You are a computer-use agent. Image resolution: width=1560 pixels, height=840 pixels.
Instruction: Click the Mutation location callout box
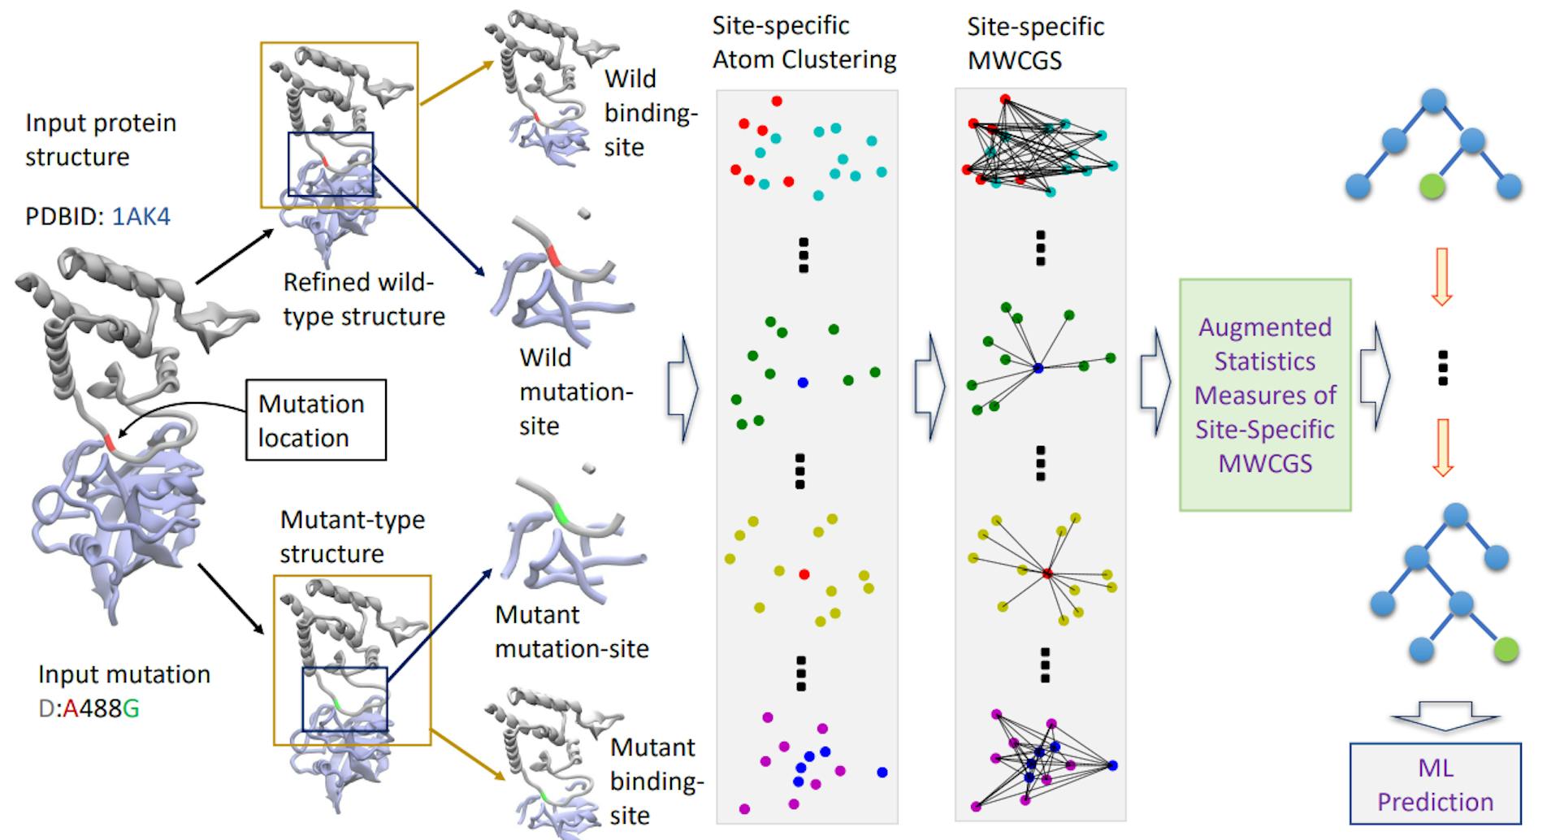coord(315,420)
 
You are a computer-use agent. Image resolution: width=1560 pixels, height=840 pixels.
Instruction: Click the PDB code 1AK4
coord(141,216)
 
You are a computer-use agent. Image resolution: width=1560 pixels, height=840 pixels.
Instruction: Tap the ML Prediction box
coord(1435,784)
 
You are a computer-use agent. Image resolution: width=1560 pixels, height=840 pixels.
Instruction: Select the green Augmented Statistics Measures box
coord(1264,395)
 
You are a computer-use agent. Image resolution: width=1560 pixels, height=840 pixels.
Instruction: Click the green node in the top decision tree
coord(1433,187)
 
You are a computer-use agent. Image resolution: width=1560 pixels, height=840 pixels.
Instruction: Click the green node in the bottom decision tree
coord(1506,649)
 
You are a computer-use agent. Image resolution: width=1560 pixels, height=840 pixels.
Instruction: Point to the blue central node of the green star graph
coord(1038,368)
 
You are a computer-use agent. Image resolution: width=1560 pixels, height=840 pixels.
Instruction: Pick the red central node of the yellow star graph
coord(1047,574)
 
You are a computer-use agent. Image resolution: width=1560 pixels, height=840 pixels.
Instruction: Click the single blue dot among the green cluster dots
coord(803,382)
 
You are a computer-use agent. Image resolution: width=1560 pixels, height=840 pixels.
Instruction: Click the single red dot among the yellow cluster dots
coord(804,574)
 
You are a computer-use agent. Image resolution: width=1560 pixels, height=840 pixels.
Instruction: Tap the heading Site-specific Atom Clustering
coord(804,42)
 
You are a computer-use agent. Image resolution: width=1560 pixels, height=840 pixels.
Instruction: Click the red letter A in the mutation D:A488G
coord(70,709)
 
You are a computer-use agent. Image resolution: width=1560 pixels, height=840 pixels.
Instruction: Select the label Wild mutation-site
coord(575,392)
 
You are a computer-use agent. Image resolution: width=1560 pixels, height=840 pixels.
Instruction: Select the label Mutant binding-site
coord(656,781)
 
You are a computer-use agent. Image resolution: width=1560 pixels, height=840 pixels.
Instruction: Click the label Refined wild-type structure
coord(363,299)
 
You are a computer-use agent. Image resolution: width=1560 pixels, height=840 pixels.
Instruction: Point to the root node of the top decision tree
coord(1434,102)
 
